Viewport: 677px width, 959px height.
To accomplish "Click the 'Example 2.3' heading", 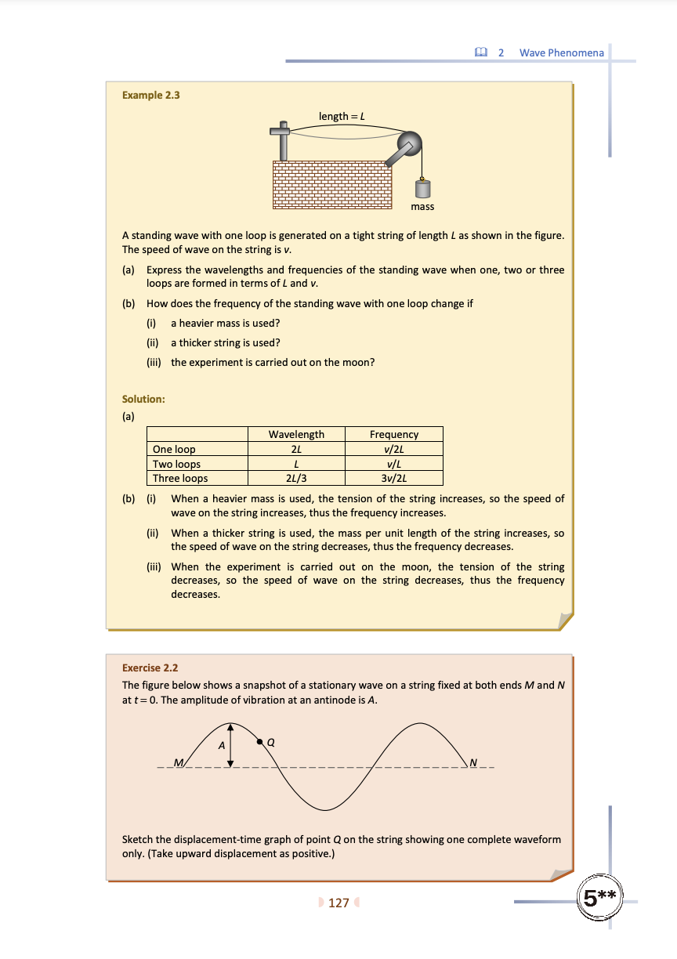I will [151, 96].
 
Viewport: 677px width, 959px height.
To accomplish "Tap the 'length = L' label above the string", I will [342, 116].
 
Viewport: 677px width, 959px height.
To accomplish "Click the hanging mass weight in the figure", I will [423, 190].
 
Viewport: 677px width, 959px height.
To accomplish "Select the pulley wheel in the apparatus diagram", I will [408, 143].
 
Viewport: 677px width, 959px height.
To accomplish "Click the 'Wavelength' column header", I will [296, 434].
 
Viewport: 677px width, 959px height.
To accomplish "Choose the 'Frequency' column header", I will [394, 434].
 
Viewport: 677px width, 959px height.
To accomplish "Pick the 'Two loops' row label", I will [177, 464].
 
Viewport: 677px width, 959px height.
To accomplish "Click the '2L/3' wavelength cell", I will [296, 478].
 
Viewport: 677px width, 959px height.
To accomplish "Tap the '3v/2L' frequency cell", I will [394, 478].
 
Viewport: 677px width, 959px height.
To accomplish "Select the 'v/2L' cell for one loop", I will [394, 449].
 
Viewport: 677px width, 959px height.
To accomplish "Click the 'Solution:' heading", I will [143, 399].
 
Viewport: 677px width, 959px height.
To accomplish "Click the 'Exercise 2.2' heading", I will [150, 668].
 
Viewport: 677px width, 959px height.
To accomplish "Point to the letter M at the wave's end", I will [178, 762].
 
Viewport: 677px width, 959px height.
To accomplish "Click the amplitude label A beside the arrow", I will [221, 746].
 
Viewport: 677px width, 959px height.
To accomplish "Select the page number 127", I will [338, 903].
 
